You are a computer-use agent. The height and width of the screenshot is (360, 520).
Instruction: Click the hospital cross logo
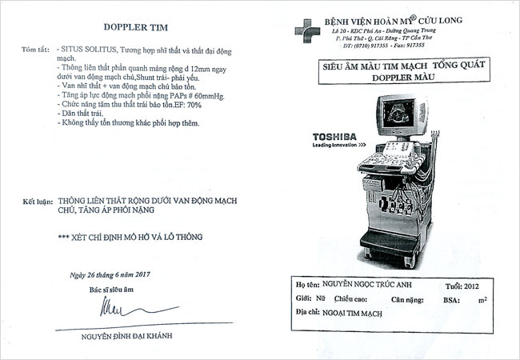coord(306,30)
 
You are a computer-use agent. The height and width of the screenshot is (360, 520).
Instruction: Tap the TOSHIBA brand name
coord(335,136)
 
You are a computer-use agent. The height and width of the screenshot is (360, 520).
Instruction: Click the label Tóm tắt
coord(35,50)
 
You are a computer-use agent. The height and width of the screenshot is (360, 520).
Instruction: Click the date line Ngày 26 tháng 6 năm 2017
coord(110,275)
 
